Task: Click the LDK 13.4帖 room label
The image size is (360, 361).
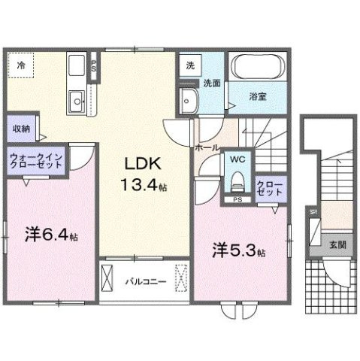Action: pos(139,174)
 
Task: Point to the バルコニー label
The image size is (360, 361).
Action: pos(140,283)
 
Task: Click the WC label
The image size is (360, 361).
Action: pos(237,160)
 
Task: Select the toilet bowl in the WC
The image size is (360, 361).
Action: pos(237,180)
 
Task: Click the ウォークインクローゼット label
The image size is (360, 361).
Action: pos(36,161)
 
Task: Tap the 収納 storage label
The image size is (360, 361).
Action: pos(21,129)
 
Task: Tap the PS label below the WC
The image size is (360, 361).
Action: pos(237,199)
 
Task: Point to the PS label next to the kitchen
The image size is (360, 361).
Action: pos(93,65)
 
